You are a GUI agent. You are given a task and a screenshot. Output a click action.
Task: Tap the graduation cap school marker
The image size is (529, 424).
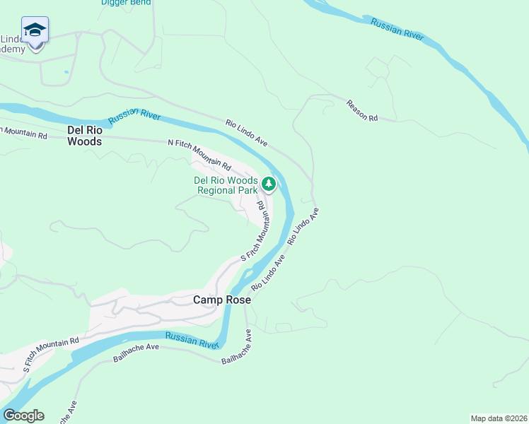point(35,30)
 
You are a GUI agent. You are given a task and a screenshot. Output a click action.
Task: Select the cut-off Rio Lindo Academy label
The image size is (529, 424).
point(13,44)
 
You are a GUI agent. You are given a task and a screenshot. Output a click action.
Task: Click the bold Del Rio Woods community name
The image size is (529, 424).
point(84,136)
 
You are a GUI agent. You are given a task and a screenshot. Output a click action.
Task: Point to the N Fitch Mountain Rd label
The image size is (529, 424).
point(199,154)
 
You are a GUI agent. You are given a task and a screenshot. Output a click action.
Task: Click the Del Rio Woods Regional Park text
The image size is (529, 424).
point(226,185)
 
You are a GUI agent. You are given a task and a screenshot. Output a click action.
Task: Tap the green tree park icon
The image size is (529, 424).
point(269,184)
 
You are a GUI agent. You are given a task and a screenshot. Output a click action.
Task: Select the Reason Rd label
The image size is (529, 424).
point(361,110)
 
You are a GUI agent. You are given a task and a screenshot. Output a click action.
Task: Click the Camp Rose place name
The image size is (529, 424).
point(222,300)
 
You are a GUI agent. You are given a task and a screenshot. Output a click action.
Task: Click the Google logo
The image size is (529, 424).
point(23,416)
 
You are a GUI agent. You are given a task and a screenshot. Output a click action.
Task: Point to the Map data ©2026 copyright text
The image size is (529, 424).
point(499,418)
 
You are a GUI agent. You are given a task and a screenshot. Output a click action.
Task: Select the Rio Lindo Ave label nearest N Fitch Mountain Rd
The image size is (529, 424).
point(247,132)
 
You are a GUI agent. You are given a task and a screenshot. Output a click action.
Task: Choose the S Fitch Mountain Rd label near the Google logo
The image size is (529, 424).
point(50,355)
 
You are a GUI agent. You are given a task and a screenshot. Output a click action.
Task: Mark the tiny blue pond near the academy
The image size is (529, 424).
point(66,71)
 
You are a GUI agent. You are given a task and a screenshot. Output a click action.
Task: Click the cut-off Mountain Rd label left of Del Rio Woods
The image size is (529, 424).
point(23,132)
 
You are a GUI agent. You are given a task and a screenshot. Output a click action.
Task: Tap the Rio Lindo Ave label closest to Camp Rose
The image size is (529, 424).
point(268,273)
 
